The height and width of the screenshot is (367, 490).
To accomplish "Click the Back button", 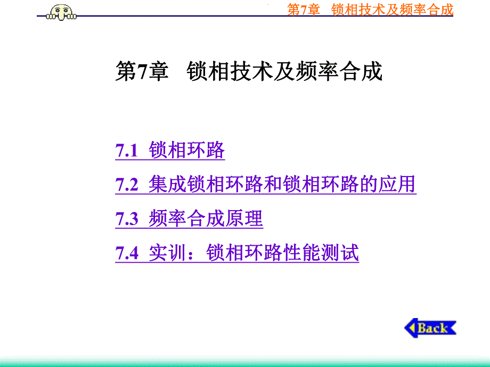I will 431,328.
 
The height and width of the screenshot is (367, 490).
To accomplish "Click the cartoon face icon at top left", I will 61,10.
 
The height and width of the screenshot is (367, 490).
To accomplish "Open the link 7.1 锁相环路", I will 170,151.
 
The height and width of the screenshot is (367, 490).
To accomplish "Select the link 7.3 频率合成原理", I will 189,219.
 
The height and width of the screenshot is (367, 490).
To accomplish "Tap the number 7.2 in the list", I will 127,185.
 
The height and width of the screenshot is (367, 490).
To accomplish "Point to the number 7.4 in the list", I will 127,253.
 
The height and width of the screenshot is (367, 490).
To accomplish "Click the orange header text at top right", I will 370,9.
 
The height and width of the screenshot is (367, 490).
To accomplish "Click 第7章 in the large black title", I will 141,72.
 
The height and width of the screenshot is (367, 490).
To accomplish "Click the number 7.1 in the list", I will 127,151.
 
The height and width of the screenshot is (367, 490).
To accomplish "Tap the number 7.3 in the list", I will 127,219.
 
